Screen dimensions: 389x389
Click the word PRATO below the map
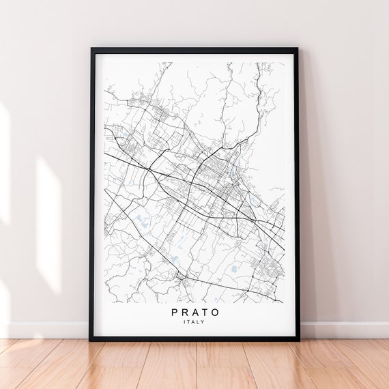[x=196, y=312]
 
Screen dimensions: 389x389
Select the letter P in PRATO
[x=175, y=312]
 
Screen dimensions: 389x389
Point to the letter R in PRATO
[x=186, y=312]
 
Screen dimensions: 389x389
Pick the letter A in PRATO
[x=196, y=312]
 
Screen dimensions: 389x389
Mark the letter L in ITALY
[x=200, y=322]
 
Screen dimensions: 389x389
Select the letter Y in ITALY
[x=205, y=322]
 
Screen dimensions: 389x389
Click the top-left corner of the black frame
[x=91, y=48]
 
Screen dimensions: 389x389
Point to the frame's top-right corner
[x=298, y=48]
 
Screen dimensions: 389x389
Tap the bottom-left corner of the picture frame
[x=90, y=340]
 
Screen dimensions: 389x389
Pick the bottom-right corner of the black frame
[x=300, y=340]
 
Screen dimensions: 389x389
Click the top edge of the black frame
[x=194, y=50]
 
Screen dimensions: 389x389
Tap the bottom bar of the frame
[x=194, y=338]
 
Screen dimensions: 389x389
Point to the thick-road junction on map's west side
[x=148, y=167]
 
